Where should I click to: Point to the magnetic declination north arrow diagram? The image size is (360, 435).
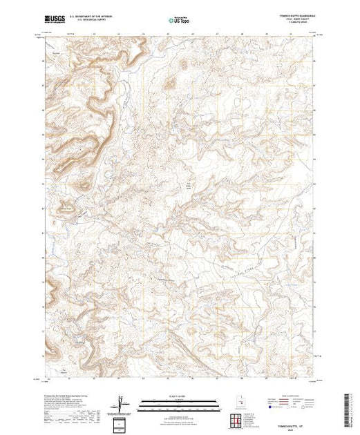point(122,403)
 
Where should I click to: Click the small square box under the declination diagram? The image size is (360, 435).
point(122,423)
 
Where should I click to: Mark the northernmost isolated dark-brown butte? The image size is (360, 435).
point(183,65)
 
